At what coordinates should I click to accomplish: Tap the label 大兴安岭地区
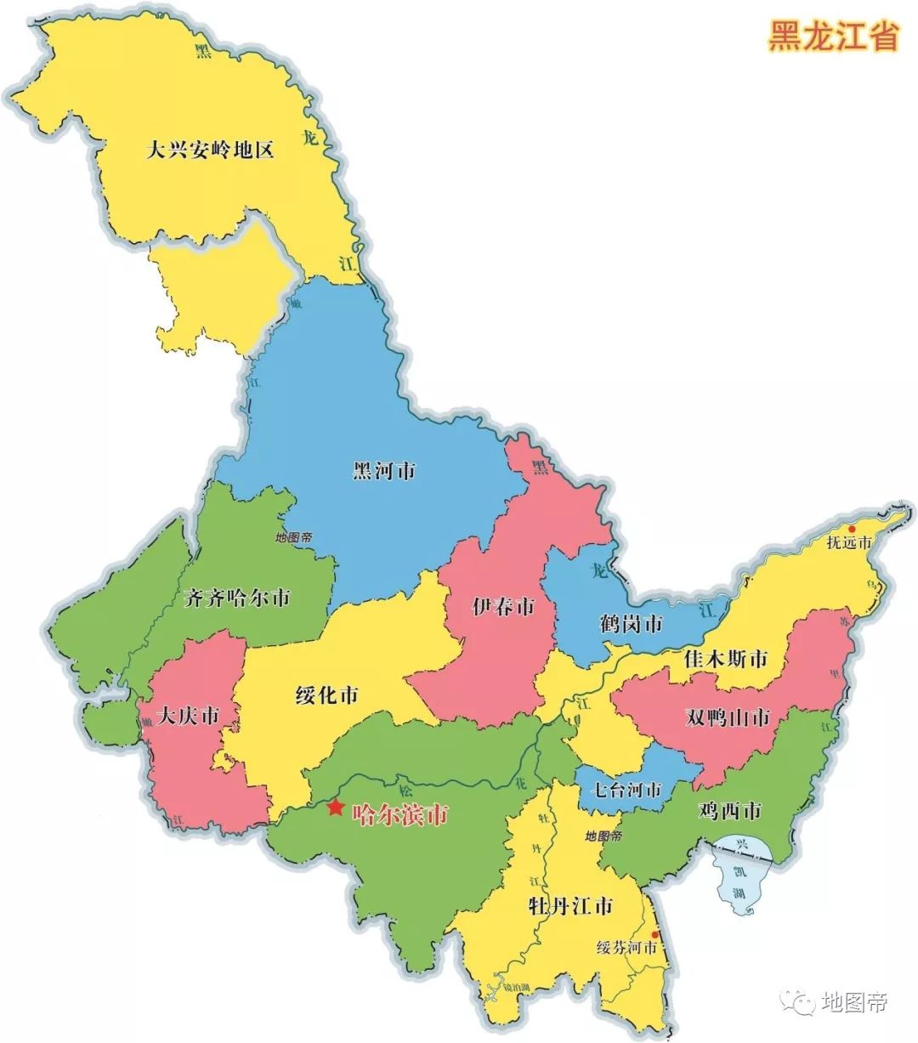point(209,151)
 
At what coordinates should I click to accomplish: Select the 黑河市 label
point(383,470)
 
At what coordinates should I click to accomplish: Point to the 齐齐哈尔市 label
point(236,598)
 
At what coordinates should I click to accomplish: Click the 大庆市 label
point(187,716)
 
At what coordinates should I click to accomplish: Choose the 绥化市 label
point(326,696)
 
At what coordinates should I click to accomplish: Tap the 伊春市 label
point(503,607)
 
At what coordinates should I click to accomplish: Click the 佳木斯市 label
point(725,659)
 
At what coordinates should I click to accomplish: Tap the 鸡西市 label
point(728,811)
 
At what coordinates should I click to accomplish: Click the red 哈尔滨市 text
point(399,816)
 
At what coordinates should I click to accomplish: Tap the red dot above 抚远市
point(852,529)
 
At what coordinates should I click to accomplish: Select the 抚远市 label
point(849,544)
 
